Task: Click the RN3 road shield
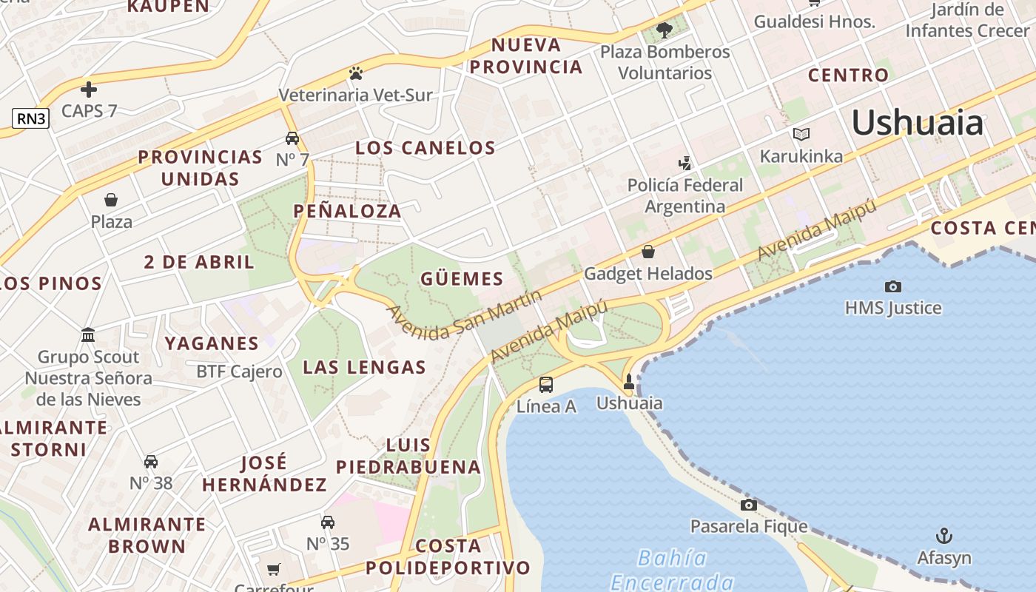click(x=30, y=118)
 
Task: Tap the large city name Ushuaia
click(x=918, y=122)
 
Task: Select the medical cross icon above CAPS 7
click(x=89, y=90)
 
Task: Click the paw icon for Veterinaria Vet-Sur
click(x=356, y=73)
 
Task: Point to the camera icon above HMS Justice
click(x=893, y=286)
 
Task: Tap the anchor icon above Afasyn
click(x=943, y=536)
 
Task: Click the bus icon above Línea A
click(x=546, y=384)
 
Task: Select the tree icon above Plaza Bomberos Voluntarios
click(x=664, y=30)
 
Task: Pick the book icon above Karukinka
click(x=801, y=134)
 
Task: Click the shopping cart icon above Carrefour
click(x=274, y=569)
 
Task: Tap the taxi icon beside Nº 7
click(x=292, y=138)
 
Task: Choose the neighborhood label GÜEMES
click(x=462, y=279)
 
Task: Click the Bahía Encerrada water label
click(x=672, y=569)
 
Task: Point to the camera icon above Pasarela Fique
click(x=749, y=505)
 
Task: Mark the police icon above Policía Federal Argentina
click(x=685, y=163)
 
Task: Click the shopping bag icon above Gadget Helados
click(x=648, y=252)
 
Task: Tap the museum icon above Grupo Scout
click(x=88, y=335)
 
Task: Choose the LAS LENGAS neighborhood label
click(x=364, y=367)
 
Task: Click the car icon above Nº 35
click(x=328, y=522)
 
